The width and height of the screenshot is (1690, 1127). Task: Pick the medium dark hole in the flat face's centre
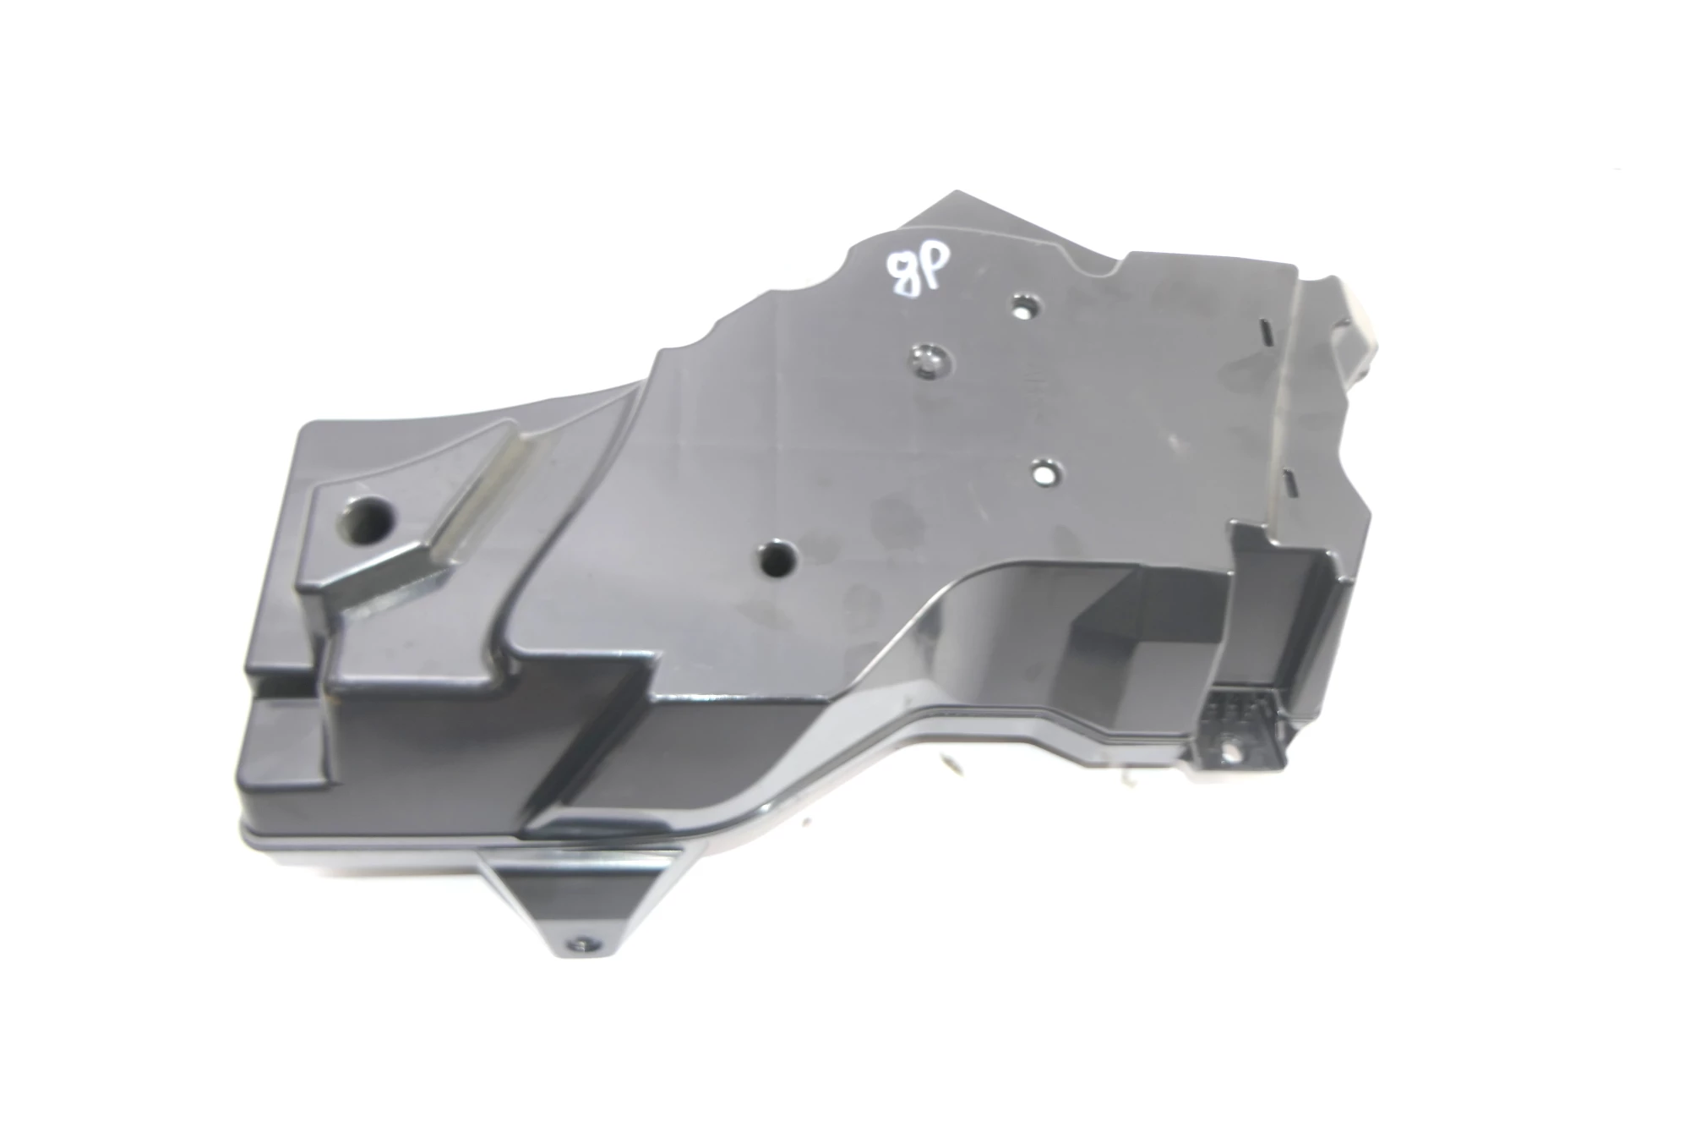click(x=777, y=557)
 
